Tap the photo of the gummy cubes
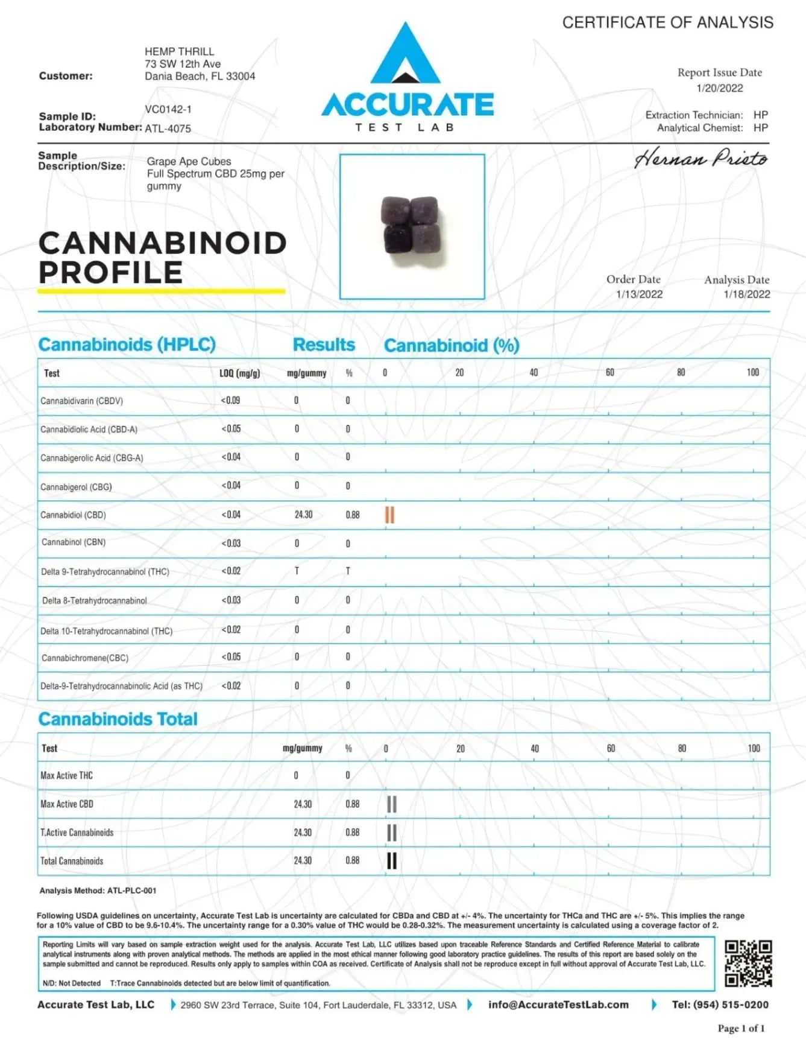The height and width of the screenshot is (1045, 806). [x=412, y=226]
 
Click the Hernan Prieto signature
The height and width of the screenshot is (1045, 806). [x=701, y=158]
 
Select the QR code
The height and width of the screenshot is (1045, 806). [x=748, y=964]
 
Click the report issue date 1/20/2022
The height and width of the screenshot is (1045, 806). [x=720, y=88]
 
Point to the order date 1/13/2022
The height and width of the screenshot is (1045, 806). [x=639, y=294]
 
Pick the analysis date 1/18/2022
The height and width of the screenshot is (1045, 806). [x=747, y=294]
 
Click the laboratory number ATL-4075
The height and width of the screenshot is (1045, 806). [x=168, y=129]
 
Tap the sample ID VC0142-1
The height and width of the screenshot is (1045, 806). [x=168, y=109]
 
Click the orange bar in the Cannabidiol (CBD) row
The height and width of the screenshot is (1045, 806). [x=390, y=515]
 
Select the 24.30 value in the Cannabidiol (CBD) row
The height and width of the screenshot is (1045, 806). [x=304, y=515]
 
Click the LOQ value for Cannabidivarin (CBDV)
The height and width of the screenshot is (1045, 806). [x=230, y=400]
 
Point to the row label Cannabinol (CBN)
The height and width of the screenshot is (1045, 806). [x=74, y=542]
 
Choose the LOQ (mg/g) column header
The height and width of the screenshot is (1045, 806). [x=240, y=373]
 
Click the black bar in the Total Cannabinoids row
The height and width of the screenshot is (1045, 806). [x=392, y=860]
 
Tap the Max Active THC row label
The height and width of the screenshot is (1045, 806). [x=67, y=775]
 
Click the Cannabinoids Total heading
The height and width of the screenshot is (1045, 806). [x=118, y=719]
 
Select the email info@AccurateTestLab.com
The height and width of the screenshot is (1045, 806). [x=558, y=1005]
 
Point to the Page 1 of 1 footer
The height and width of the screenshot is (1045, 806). [x=741, y=1028]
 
